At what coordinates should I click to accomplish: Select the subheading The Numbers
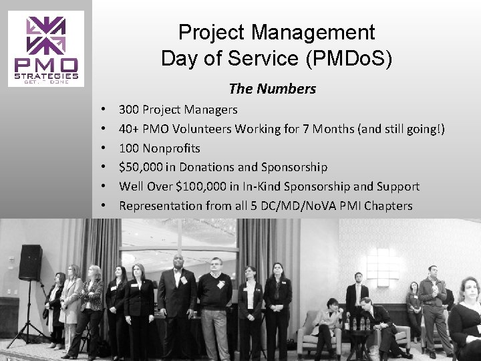click(x=272, y=88)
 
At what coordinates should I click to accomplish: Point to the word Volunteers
click(x=202, y=127)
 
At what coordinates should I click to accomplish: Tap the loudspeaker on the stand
click(x=30, y=261)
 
